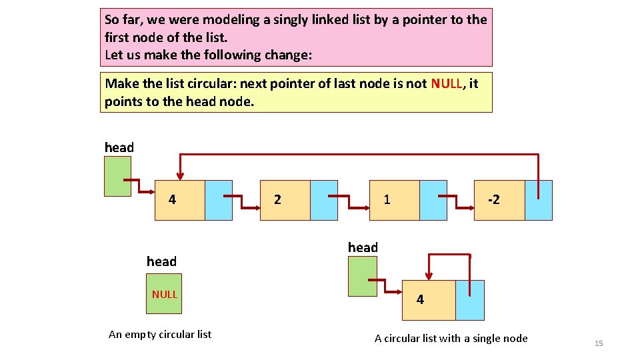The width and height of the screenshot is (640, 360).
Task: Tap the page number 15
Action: [598, 343]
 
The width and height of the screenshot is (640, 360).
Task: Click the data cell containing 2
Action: [285, 200]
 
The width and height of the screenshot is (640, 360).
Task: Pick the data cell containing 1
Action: [394, 200]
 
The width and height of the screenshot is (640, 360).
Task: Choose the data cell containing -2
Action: [499, 200]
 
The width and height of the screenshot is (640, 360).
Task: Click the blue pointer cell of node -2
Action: [539, 200]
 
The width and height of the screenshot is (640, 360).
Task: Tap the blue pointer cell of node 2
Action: [324, 200]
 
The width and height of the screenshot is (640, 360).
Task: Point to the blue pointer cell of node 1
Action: [433, 200]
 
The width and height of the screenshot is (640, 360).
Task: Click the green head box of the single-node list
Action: [362, 276]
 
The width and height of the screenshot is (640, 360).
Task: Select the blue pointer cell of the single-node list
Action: [470, 300]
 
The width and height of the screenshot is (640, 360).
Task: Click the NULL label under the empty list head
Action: [164, 294]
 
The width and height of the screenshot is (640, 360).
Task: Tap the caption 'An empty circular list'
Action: [160, 335]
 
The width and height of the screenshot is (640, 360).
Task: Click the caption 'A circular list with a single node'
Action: [451, 339]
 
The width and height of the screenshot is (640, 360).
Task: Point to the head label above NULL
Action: [161, 261]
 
